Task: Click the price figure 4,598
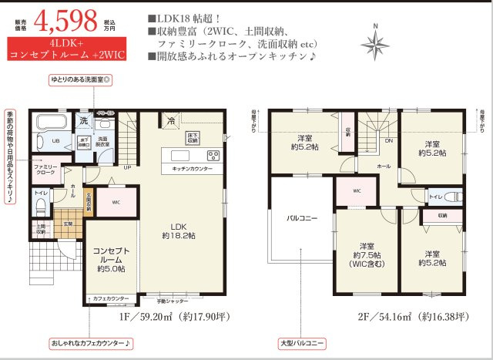[66, 19]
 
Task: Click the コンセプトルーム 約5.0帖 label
[112, 260]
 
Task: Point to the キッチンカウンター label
[192, 167]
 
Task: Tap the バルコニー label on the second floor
[301, 219]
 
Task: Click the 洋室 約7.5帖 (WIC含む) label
[361, 254]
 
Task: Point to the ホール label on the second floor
[384, 166]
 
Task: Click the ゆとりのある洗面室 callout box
[81, 79]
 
